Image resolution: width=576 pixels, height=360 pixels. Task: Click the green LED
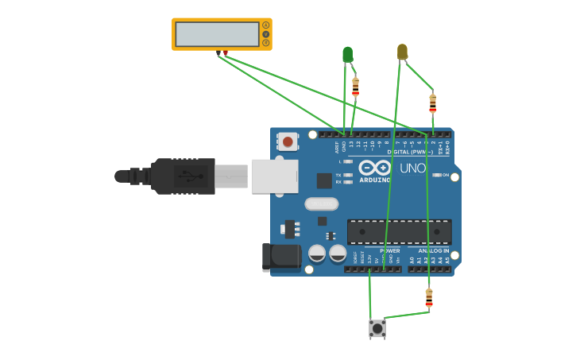[x=347, y=54]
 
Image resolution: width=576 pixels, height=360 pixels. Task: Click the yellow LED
[x=402, y=52]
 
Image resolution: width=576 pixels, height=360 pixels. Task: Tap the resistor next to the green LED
[x=355, y=86]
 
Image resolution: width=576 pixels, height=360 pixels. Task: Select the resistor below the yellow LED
[x=432, y=103]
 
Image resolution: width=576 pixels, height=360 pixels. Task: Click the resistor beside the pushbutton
[x=429, y=297]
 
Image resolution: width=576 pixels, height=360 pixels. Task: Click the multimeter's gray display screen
[x=217, y=34]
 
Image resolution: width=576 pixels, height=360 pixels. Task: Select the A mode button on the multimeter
[x=265, y=25]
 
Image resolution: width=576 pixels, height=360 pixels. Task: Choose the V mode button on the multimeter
[x=265, y=34]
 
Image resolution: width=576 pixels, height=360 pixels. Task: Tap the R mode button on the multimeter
[x=265, y=43]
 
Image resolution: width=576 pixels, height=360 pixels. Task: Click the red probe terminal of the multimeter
[x=226, y=53]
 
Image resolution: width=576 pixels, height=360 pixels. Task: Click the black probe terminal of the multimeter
[x=218, y=53]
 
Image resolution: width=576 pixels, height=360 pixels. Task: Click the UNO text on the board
[x=412, y=168]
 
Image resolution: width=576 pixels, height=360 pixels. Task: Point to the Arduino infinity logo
[x=374, y=168]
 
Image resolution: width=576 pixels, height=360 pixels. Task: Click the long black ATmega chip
[x=399, y=232]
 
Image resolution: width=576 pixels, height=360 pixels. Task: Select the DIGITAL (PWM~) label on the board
[x=410, y=151]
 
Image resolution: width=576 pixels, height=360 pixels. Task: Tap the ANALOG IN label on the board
[x=434, y=250]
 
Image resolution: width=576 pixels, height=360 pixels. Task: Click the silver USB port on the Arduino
[x=274, y=176]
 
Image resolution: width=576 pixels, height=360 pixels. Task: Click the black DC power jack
[x=280, y=257]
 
